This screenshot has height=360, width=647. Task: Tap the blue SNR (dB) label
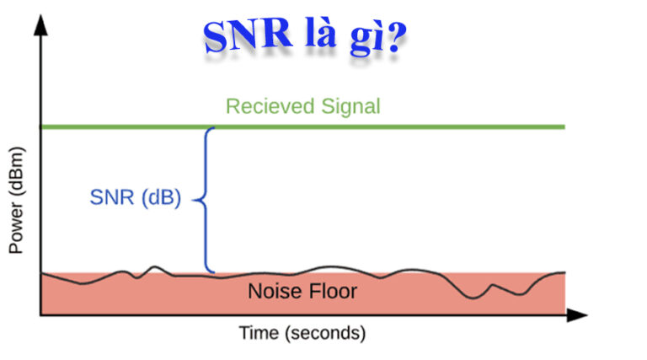[x=135, y=200]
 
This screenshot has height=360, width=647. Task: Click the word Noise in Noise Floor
[x=270, y=292]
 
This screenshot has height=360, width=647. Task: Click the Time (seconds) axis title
[x=302, y=333]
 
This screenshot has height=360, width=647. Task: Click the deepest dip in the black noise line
[x=479, y=296]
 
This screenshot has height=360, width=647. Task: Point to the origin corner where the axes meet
[x=40, y=315]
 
